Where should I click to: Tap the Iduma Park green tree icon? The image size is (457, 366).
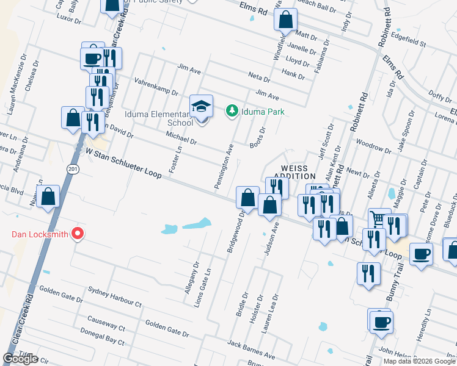(x=232, y=111)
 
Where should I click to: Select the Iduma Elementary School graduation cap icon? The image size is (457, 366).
(x=201, y=106)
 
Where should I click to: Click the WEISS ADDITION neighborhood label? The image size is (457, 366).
(x=298, y=171)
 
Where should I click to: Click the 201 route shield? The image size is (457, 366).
(x=73, y=168)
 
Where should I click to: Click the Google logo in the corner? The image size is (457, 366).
(x=20, y=359)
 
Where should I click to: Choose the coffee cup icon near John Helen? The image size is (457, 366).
(x=381, y=321)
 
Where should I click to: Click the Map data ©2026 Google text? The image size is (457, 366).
(x=420, y=361)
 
